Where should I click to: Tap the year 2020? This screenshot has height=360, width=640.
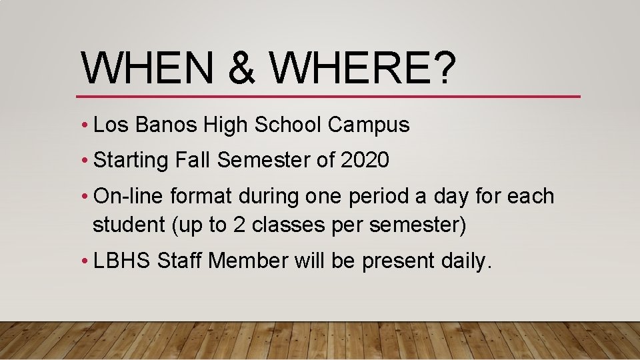click(365, 160)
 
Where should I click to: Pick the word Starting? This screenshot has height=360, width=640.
click(132, 161)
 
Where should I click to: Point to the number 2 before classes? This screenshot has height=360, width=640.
click(238, 225)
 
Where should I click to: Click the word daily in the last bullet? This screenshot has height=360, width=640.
click(466, 261)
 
